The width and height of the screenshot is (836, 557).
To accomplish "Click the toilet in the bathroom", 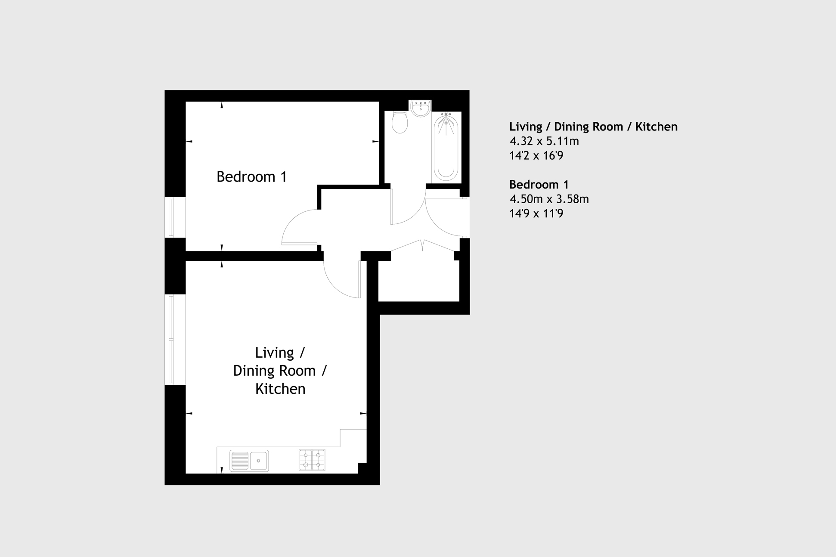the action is point(399,123).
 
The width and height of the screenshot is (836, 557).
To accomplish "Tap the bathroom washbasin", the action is point(420,108).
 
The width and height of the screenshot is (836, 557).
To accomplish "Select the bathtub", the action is point(446,146).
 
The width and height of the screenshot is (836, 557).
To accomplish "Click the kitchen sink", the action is point(249,461).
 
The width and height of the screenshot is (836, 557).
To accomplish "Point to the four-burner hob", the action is point(312,460).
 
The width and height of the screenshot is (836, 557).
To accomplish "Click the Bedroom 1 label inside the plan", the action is point(251,176).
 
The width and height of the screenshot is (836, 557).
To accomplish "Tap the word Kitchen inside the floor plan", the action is point(280,389).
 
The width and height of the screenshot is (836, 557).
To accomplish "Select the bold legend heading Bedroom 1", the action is point(539,185).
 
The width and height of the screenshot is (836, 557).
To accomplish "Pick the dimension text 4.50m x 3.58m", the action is point(549,199).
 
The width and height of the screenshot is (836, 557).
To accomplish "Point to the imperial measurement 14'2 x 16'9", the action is point(536,155).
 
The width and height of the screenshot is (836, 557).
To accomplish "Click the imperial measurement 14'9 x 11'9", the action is point(536,214).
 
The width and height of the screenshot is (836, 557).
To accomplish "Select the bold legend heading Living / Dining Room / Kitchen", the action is point(593,127).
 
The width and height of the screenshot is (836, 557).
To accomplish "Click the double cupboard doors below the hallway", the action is point(422,245).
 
